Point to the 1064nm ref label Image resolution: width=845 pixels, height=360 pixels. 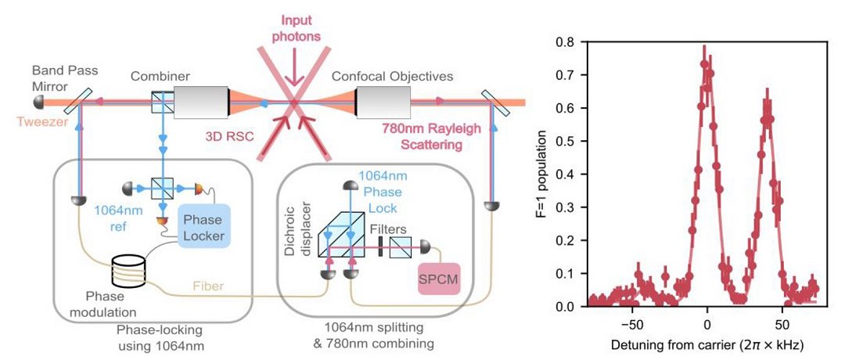coord(117,218)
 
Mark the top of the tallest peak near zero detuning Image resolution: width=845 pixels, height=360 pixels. coord(705,49)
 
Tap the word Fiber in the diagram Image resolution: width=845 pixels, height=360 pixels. coord(208,287)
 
